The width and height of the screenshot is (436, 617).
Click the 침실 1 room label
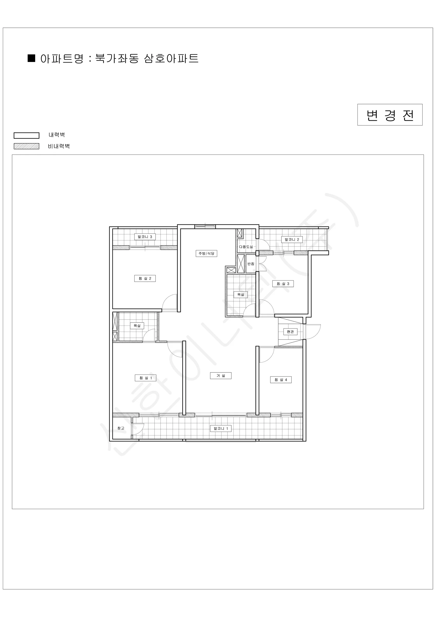(145, 378)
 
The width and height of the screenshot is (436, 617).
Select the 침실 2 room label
(145, 278)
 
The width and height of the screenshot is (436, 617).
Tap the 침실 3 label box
(283, 284)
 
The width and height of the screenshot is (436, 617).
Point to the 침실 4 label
(281, 380)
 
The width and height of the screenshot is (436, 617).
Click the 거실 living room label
(221, 376)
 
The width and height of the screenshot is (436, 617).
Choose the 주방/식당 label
(206, 253)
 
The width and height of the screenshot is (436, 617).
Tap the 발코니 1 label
(221, 429)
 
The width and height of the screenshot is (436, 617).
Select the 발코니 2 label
(292, 239)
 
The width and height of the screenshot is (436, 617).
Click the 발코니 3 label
(145, 237)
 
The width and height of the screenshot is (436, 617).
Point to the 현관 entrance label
(290, 332)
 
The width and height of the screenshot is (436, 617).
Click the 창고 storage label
(121, 428)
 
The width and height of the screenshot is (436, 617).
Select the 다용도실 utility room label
(246, 247)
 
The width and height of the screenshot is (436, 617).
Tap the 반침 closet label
(251, 264)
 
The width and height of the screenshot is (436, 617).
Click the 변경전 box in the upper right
(390, 115)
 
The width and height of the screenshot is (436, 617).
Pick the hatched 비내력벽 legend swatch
(26, 146)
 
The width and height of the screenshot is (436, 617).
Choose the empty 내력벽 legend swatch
(26, 135)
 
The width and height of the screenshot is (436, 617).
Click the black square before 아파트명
(32, 58)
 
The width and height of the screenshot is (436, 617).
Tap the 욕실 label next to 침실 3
(241, 295)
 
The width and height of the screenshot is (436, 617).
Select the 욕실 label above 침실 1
(137, 326)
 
